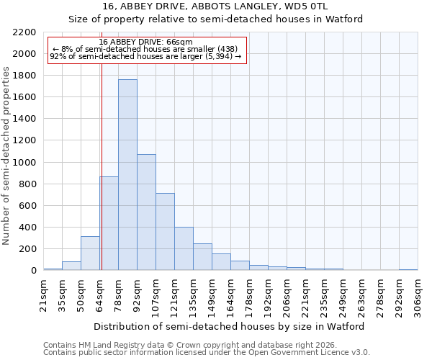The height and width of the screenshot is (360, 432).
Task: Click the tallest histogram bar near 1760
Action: (x=127, y=175)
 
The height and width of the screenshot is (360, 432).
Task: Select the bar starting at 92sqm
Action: (x=146, y=212)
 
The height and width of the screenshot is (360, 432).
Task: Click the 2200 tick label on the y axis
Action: (x=25, y=32)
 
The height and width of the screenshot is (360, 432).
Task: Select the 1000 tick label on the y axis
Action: (x=25, y=163)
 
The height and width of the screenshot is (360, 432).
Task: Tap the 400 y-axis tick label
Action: (x=28, y=228)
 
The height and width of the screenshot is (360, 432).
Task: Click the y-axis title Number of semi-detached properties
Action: (x=7, y=156)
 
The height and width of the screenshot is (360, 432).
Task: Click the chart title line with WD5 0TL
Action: (x=215, y=6)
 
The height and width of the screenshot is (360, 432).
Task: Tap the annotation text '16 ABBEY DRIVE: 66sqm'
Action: (x=146, y=42)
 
